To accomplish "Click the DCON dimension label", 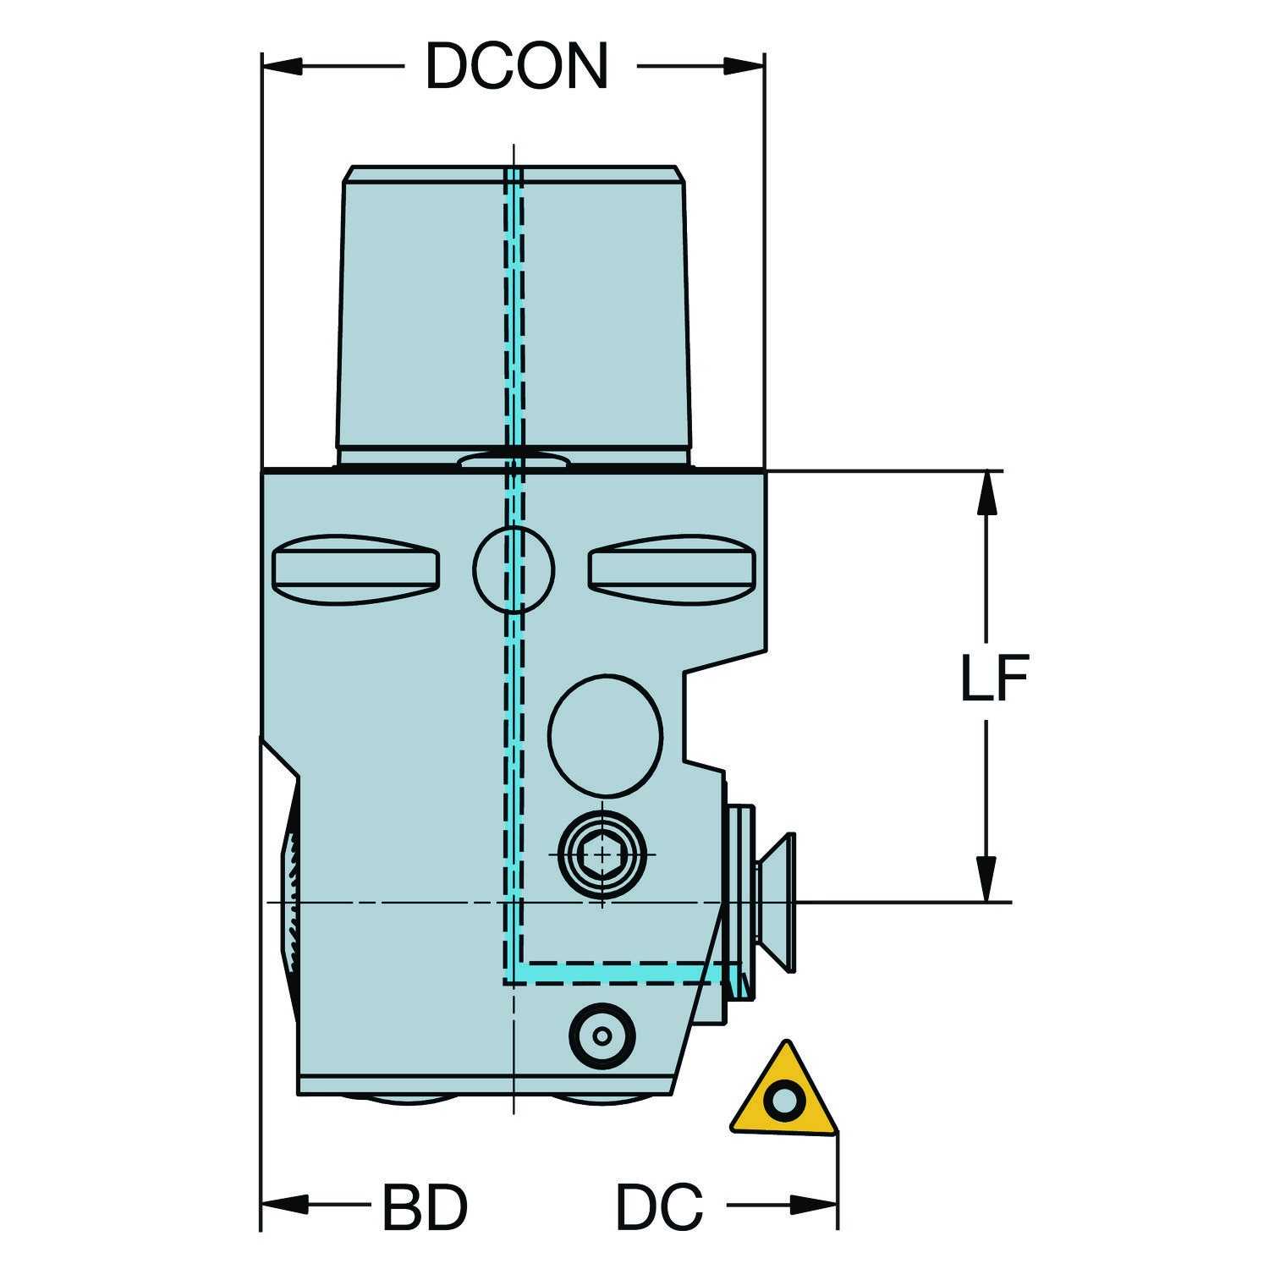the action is (x=516, y=66).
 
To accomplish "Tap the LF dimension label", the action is (x=995, y=678).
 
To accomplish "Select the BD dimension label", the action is (x=425, y=1207).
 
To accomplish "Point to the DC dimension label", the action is (x=659, y=1207).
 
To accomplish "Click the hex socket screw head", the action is (x=602, y=855).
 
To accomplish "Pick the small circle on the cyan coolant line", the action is (x=514, y=569).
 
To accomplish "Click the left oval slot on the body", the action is (x=356, y=569).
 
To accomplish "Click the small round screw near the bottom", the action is (x=602, y=1036).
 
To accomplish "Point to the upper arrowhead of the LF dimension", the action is (x=986, y=492).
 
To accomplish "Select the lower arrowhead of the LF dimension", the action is (x=986, y=880).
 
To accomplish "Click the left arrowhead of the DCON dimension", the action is (x=283, y=66).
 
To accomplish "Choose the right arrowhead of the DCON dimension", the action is (x=744, y=66).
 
